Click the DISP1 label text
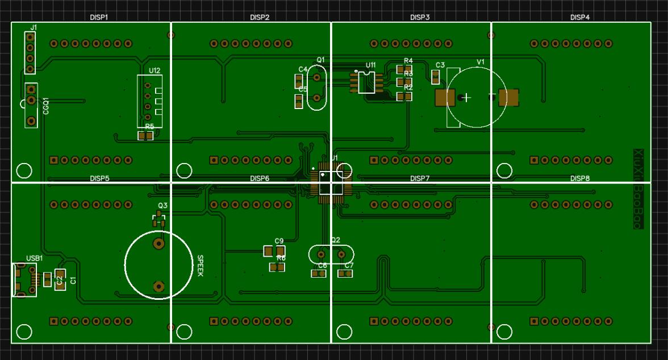[x=99, y=18]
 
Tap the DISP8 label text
[x=579, y=178]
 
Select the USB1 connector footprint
[x=24, y=279]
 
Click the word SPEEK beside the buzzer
[x=200, y=266]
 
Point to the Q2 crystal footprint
[x=331, y=254]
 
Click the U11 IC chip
[x=366, y=82]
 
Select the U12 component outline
[x=149, y=101]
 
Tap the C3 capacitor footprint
[x=436, y=77]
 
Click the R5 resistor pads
[x=146, y=136]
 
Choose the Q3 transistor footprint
[x=158, y=220]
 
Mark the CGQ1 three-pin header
[x=31, y=105]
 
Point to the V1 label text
[x=481, y=61]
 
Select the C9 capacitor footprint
[x=274, y=251]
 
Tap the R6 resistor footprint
[x=277, y=267]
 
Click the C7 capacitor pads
[x=345, y=274]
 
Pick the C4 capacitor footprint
[x=299, y=81]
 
